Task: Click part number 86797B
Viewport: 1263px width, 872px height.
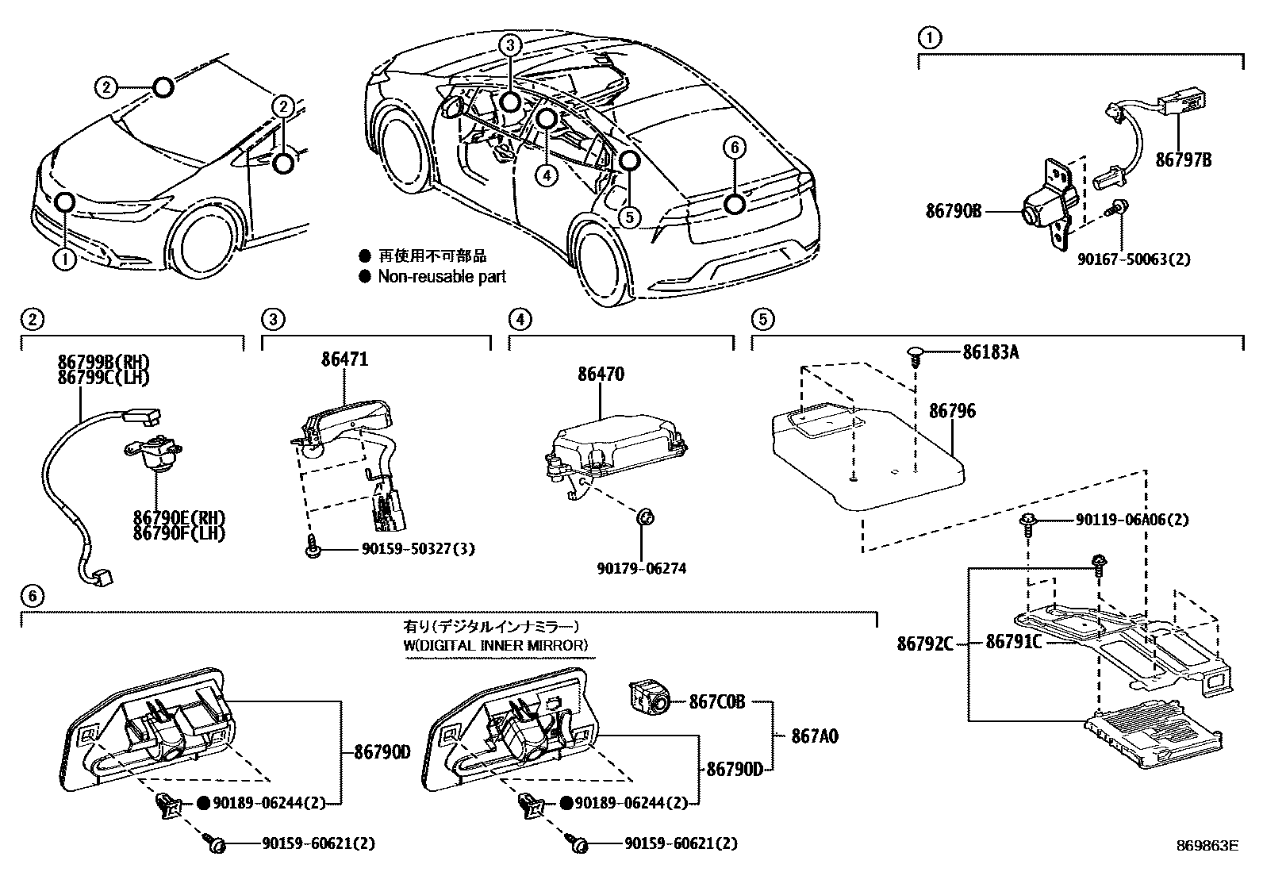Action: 1183,159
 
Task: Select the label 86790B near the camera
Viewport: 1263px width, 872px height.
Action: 953,211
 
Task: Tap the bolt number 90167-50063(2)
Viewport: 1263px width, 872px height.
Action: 1134,259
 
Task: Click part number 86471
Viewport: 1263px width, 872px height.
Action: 344,359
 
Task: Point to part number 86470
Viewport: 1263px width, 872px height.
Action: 601,373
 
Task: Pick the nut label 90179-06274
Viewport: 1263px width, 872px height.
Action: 642,568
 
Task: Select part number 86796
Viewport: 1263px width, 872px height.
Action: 952,411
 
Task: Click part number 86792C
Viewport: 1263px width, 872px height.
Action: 925,643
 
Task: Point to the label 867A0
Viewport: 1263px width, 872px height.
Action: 814,737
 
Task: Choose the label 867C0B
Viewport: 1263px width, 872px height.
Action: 716,701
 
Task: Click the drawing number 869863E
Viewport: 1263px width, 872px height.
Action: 1207,846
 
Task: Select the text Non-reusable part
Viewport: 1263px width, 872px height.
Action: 441,277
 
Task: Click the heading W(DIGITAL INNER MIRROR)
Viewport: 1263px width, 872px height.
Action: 496,645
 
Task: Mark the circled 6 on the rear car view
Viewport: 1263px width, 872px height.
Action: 734,148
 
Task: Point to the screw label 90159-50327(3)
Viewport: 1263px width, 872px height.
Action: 406,548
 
